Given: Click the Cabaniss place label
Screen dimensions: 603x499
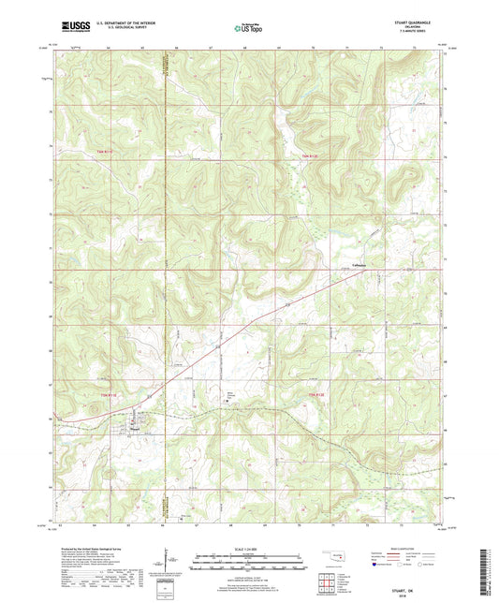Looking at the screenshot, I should (x=358, y=267).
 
